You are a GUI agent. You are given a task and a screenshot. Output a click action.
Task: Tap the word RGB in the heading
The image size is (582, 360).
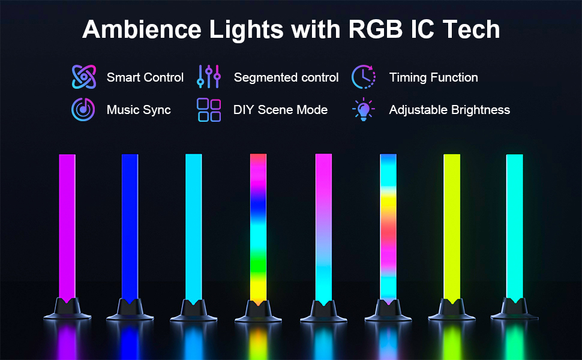[373, 29]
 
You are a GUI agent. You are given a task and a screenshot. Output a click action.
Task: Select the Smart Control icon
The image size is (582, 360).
[84, 77]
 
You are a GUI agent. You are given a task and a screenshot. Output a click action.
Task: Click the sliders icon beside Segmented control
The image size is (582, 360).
[209, 77]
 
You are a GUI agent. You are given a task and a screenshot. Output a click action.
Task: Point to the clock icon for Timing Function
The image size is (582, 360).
[364, 77]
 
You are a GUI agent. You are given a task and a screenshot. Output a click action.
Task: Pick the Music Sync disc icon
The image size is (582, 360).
[83, 109]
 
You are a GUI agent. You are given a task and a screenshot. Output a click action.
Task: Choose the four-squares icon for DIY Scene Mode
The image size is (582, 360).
[209, 110]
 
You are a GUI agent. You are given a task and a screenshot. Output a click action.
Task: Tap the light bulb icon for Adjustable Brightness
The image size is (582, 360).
[363, 109]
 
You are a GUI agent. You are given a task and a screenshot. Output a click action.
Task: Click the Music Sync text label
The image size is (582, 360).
[139, 110]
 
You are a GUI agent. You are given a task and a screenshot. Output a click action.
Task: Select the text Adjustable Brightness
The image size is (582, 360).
[449, 110]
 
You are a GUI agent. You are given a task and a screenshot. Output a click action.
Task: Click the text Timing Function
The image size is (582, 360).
[433, 77]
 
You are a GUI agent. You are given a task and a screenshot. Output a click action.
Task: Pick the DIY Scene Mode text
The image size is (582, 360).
[280, 110]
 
